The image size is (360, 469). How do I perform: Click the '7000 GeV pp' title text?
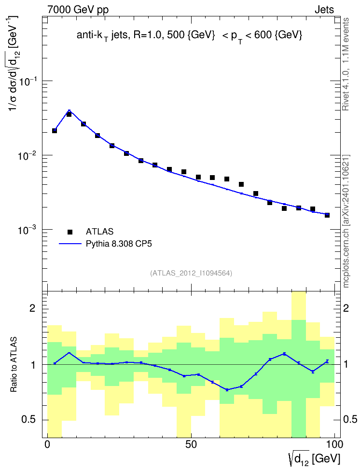click(78, 10)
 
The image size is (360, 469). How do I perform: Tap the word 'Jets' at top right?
click(324, 10)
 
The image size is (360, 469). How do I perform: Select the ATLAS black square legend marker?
click(70, 232)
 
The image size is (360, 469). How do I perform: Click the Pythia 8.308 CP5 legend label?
click(119, 244)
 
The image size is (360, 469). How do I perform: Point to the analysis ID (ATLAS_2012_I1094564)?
click(191, 273)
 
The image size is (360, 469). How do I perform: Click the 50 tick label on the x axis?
click(191, 444)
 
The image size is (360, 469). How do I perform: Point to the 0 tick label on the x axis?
click(47, 444)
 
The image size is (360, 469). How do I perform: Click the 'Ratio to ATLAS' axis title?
click(14, 364)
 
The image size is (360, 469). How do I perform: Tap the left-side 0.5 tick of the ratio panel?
click(29, 420)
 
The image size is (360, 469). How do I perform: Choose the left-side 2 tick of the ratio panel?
click(32, 308)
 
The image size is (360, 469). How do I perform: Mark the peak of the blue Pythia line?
click(69, 110)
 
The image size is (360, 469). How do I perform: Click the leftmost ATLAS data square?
click(55, 131)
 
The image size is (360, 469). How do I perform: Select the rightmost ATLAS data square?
click(327, 215)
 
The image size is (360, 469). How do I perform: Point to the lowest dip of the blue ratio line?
click(227, 390)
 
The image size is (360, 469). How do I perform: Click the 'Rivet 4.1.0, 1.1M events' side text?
click(346, 64)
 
